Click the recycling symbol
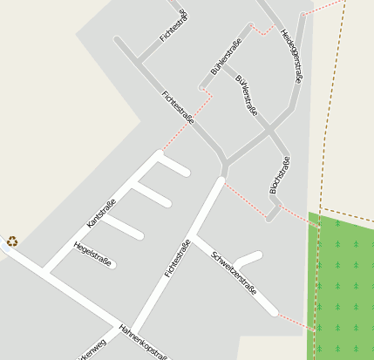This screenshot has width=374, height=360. (12, 241)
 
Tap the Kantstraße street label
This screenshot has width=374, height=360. (101, 214)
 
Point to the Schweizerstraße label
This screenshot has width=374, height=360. (234, 273)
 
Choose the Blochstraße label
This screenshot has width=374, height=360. (279, 174)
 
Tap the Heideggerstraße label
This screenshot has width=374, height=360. (292, 57)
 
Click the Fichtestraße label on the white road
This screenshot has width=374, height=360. (177, 259)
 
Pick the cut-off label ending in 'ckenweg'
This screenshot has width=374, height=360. (92, 350)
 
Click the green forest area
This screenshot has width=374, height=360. (343, 288)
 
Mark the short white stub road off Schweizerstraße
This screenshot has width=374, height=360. (248, 259)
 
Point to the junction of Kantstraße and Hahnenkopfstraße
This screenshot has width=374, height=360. (47, 272)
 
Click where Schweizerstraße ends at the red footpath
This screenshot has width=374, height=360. (276, 311)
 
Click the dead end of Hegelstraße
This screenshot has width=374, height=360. (113, 265)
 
